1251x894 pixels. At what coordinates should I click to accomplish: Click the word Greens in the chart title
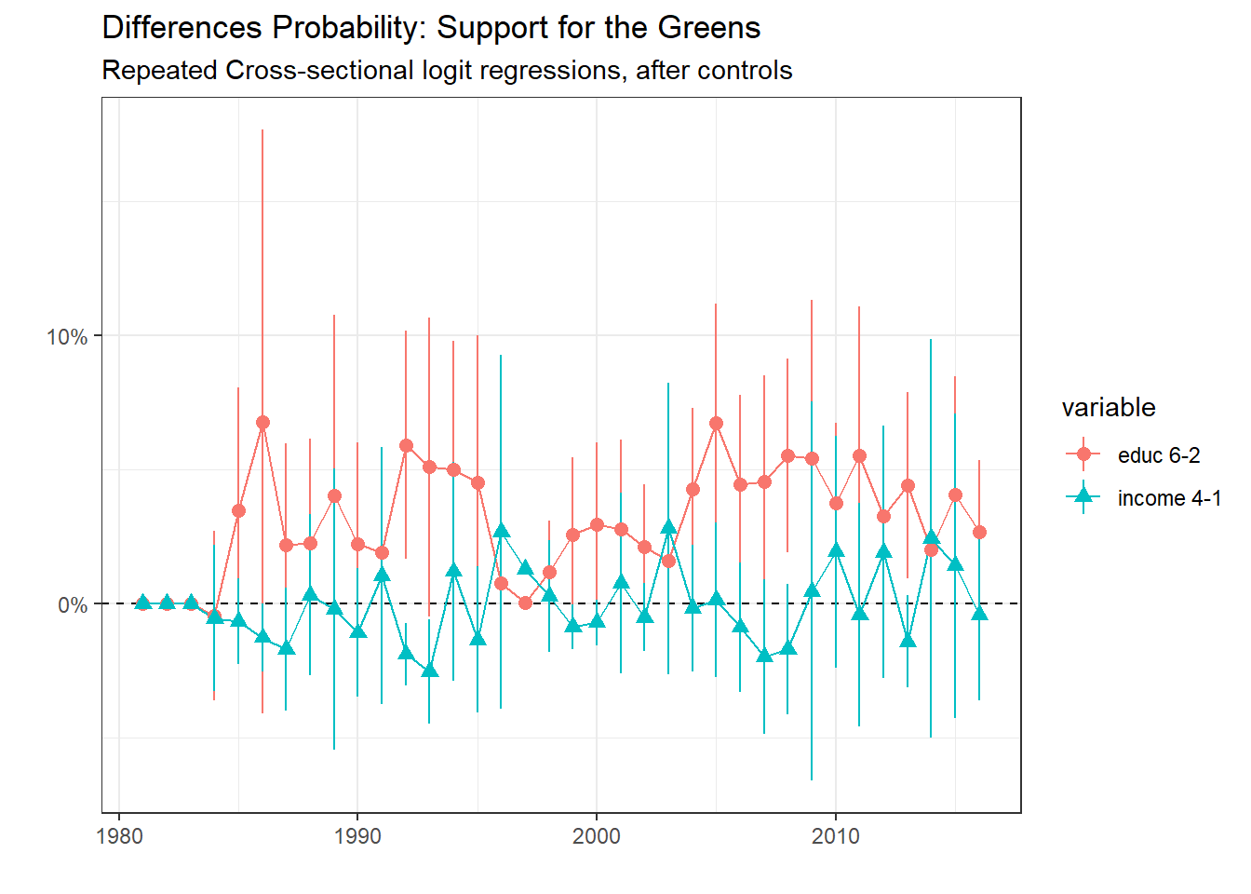point(709,28)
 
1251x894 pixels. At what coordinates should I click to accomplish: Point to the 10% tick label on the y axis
point(67,337)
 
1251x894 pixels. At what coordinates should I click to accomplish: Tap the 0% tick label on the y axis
point(73,605)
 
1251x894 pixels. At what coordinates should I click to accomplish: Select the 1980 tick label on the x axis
point(119,836)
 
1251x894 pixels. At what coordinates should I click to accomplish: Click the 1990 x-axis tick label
point(357,836)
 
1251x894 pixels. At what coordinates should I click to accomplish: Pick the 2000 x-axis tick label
point(597,836)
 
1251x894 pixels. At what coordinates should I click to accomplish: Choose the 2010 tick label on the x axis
point(835,836)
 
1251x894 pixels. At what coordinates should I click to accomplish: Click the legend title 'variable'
point(1108,408)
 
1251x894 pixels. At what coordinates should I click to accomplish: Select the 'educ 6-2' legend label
point(1158,455)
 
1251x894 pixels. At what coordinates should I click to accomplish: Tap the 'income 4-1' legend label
point(1169,498)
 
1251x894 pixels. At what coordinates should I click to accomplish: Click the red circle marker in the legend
point(1083,454)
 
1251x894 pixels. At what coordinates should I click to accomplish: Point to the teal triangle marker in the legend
point(1083,496)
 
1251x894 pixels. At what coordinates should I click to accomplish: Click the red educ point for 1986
point(262,422)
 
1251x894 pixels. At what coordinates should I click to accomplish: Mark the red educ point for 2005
point(716,423)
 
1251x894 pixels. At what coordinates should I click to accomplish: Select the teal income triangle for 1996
point(502,531)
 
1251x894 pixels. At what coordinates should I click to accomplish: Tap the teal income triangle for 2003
point(668,527)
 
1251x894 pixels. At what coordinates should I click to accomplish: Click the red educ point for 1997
point(525,603)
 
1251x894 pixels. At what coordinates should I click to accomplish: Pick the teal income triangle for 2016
point(979,612)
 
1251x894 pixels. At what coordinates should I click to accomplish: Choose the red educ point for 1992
point(406,445)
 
